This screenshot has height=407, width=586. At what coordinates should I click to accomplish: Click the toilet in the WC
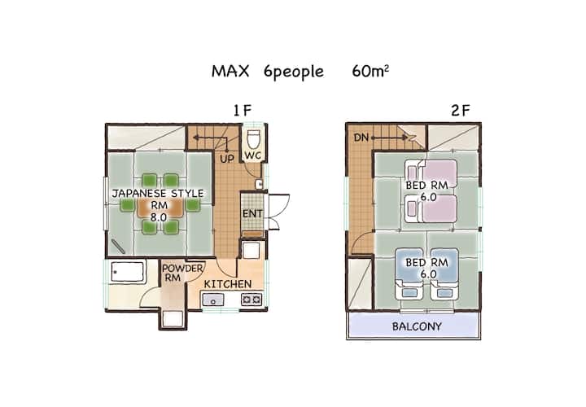[254, 138]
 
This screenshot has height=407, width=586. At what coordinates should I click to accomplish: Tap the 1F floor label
[243, 111]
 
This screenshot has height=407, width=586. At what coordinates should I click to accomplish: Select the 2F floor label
[461, 111]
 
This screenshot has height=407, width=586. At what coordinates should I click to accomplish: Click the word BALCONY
[417, 326]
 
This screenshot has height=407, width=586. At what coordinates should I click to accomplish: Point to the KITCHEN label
[228, 284]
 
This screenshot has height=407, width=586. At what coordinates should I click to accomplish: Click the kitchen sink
[213, 300]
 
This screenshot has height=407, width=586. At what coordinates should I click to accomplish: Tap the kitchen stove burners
[251, 300]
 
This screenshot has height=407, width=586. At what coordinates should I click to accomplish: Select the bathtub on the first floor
[127, 272]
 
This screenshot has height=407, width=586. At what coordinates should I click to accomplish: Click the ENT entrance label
[252, 214]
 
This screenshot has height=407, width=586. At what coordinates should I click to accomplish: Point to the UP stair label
[227, 159]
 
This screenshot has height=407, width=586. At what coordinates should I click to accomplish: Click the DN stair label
[361, 138]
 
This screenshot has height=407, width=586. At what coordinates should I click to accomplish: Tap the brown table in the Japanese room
[160, 208]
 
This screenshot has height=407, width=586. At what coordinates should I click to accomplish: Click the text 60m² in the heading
[370, 71]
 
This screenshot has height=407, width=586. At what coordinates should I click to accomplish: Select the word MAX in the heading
[230, 71]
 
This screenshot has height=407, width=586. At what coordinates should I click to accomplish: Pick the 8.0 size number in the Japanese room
[159, 217]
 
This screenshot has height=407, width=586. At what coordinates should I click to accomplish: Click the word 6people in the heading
[294, 72]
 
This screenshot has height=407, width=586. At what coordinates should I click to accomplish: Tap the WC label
[253, 155]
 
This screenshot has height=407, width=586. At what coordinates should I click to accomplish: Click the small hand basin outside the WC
[259, 184]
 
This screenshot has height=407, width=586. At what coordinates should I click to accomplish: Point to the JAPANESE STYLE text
[158, 193]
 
